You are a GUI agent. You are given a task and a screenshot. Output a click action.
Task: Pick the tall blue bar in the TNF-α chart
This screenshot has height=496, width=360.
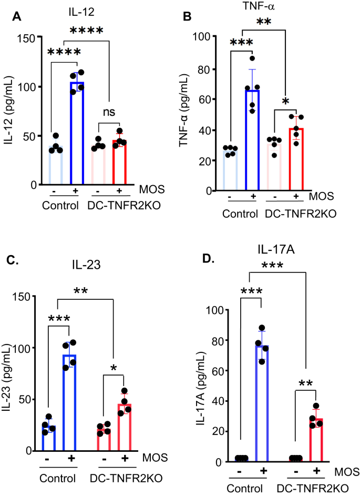click(253, 140)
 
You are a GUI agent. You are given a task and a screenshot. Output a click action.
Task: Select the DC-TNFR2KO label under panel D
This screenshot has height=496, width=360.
click(305, 487)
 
